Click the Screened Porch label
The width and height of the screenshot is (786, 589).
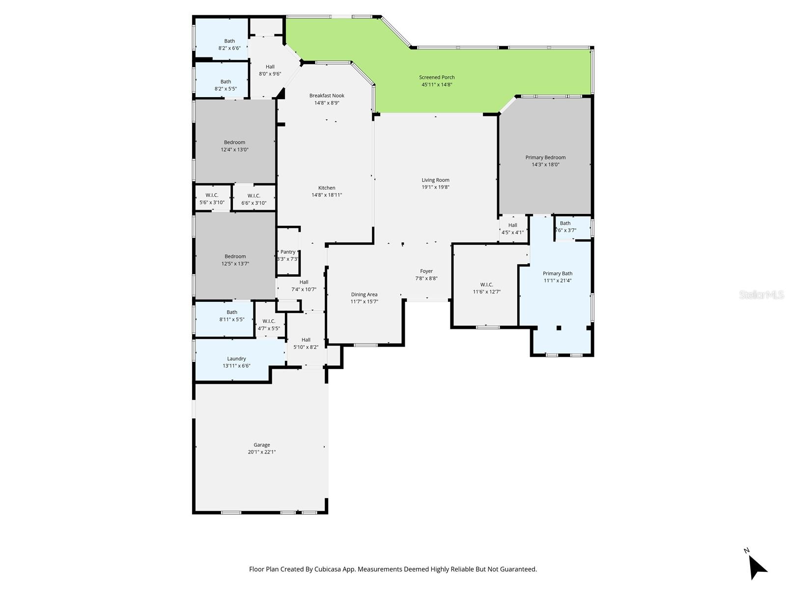pyautogui.click(x=437, y=77)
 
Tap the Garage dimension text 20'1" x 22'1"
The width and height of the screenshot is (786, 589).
pyautogui.click(x=262, y=452)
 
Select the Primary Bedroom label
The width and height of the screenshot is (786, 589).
pyautogui.click(x=545, y=158)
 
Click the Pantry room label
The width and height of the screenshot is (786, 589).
pyautogui.click(x=288, y=252)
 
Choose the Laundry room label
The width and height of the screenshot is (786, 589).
pyautogui.click(x=236, y=359)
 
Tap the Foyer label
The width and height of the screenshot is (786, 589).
pyautogui.click(x=426, y=271)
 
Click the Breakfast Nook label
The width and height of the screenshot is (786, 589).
pyautogui.click(x=327, y=96)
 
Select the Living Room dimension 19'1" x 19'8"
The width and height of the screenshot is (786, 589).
pyautogui.click(x=435, y=187)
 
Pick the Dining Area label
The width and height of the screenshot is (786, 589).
pyautogui.click(x=364, y=294)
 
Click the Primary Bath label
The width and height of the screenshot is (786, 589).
pyautogui.click(x=558, y=273)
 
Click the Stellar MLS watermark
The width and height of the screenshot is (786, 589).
pyautogui.click(x=761, y=294)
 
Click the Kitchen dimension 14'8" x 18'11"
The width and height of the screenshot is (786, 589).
pyautogui.click(x=327, y=195)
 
